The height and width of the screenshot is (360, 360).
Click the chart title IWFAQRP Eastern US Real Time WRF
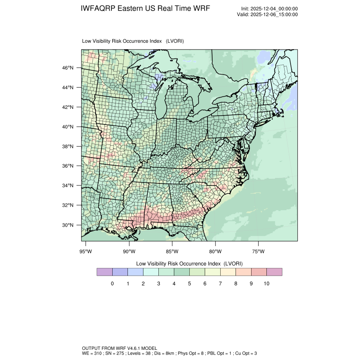[x=144, y=9]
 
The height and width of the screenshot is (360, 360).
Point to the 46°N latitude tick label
[x=69, y=68]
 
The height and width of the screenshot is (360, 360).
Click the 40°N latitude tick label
[x=69, y=127]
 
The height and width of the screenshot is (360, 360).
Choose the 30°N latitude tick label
[x=69, y=225]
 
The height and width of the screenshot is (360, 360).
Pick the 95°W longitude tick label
[x=86, y=252]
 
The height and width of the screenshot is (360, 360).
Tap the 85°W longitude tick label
[x=172, y=252]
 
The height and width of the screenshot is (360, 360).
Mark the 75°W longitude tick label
[x=258, y=252]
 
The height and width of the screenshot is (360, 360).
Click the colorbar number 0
[x=112, y=283]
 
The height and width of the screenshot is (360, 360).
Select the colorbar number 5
[x=189, y=283]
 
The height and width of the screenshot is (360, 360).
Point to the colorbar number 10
[x=266, y=283]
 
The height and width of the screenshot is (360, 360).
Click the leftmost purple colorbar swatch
[x=105, y=272]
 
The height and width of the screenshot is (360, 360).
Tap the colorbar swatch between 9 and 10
[x=259, y=272]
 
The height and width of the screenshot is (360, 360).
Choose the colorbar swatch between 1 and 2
[x=136, y=272]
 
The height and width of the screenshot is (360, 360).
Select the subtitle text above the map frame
[x=133, y=41]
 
